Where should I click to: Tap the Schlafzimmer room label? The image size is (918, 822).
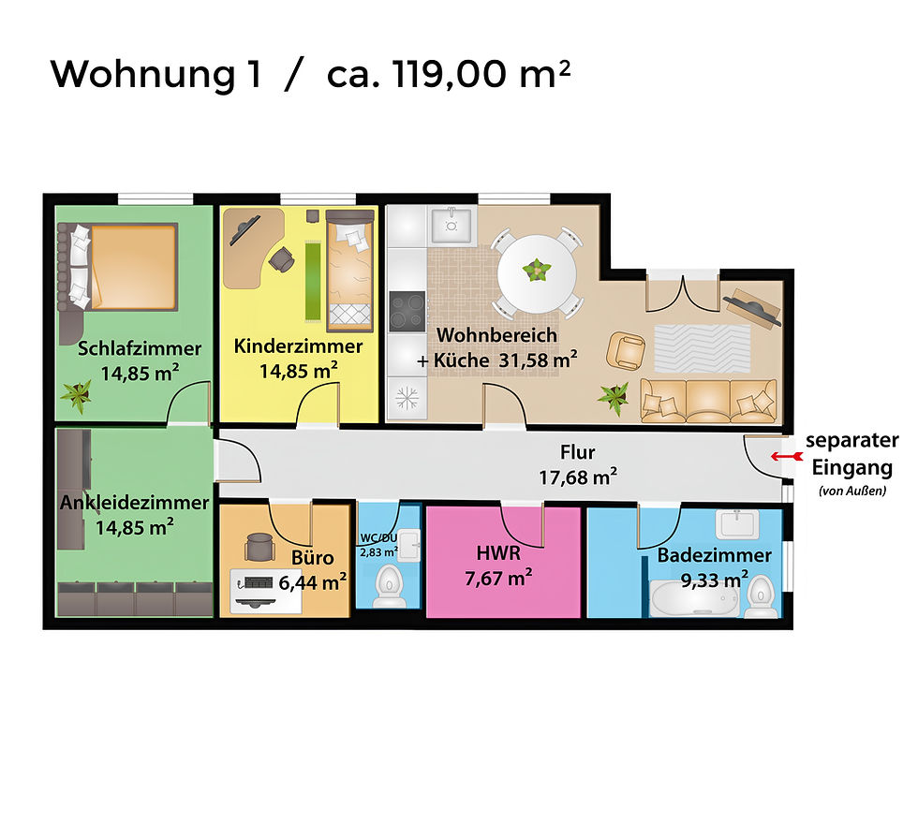coord(140,348)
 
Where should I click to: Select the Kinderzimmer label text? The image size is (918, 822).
coord(298,346)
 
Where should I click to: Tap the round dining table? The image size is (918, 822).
coord(537,272)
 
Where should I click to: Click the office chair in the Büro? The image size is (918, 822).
coord(259,549)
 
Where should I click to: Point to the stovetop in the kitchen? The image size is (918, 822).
coord(407,311)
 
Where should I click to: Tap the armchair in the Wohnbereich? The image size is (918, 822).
coord(626,351)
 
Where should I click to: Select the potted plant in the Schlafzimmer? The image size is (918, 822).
coord(77,395)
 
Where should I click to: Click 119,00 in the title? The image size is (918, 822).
coord(440,73)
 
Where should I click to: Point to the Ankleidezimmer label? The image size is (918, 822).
coord(133,503)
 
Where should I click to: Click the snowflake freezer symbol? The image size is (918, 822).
coord(407,397)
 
